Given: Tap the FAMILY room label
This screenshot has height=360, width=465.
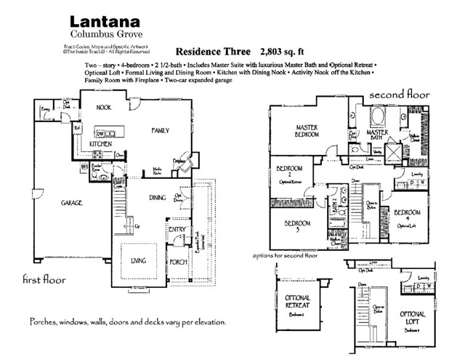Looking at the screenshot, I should pyautogui.click(x=159, y=130).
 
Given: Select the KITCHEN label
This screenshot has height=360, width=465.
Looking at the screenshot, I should pyautogui.click(x=100, y=145).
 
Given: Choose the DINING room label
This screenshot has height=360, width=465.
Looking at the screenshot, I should pyautogui.click(x=159, y=197).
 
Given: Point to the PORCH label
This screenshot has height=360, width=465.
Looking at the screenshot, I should pyautogui.click(x=178, y=263).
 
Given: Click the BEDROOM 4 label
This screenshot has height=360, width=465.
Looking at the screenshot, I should pyautogui.click(x=407, y=216).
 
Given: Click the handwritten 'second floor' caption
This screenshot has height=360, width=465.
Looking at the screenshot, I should pyautogui.click(x=399, y=95).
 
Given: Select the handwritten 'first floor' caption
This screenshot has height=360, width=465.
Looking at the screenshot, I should pyautogui.click(x=44, y=279).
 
